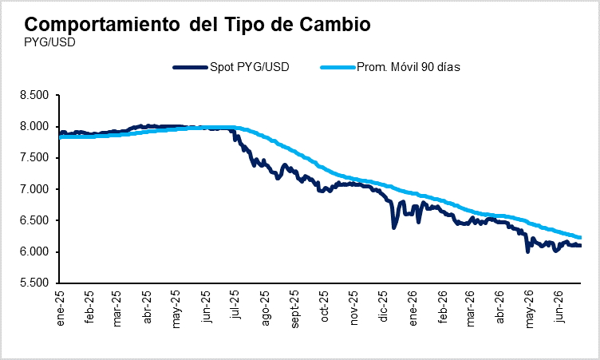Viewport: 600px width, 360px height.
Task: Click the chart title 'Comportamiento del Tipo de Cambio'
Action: point(197,25)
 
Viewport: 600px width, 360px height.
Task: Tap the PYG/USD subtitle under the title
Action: point(49,42)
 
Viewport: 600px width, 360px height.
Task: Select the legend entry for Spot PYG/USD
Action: point(231,67)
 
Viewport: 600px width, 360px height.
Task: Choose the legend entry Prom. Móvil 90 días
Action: point(390,67)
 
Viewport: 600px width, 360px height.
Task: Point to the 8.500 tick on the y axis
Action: point(34,95)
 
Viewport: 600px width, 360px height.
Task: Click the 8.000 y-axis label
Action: point(34,126)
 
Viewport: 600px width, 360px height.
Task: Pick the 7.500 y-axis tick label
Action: point(34,158)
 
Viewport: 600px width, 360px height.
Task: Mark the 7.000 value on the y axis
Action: point(34,189)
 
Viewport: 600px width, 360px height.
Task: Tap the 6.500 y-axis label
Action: point(34,220)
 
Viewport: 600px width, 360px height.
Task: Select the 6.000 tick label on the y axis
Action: point(34,252)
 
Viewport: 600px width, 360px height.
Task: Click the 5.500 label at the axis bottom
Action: point(34,283)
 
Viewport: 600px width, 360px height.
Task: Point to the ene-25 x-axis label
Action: point(60,308)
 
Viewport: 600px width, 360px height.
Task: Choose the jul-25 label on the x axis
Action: point(235,305)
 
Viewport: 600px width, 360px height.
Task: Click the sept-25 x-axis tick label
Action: point(294,310)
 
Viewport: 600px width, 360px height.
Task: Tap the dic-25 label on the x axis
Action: point(383,307)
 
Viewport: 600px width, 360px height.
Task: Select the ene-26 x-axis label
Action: point(412,308)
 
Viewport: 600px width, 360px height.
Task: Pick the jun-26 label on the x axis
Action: point(559,307)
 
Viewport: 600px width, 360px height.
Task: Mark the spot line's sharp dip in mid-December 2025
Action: point(393,227)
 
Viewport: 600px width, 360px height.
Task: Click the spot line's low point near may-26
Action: point(527,251)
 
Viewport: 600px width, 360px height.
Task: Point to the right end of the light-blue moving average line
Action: point(580,237)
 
